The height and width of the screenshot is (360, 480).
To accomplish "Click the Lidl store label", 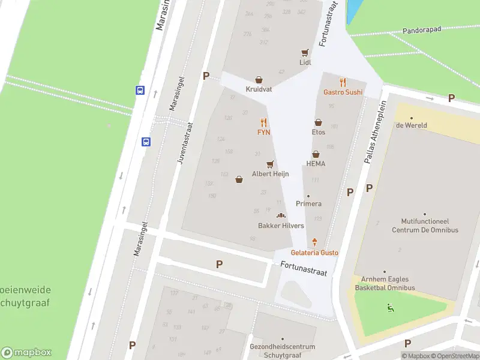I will point(305,62).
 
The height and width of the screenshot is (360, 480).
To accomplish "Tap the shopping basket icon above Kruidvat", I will point(259,79).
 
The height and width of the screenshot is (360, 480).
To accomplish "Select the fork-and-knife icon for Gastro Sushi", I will point(343,82).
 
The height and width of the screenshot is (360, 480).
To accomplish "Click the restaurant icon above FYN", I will point(263,122).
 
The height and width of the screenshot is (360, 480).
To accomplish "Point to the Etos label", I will point(318,132).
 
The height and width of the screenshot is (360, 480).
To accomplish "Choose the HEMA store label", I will point(316,164).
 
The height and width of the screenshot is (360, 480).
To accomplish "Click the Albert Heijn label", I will point(270,174).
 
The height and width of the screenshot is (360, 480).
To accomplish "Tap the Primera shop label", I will point(308,204).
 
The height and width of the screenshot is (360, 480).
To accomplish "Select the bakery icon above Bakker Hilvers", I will point(280,215).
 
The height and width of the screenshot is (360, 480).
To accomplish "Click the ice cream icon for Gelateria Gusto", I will point(314,242).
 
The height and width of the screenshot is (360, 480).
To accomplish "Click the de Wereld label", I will point(411,125).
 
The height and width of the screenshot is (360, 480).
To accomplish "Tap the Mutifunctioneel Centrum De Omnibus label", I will point(425,226).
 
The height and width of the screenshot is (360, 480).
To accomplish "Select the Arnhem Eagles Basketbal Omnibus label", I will point(384,284).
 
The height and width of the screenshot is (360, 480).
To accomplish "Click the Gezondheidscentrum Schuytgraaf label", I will point(282,350).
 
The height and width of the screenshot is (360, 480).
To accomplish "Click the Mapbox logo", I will point(26,352).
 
